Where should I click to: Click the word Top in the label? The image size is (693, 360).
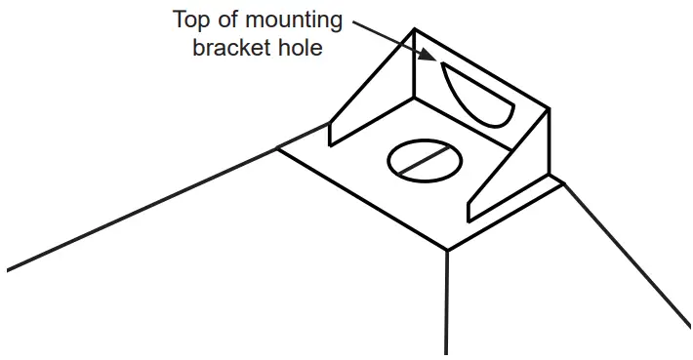click(x=193, y=20)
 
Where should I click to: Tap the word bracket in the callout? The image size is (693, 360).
click(x=231, y=46)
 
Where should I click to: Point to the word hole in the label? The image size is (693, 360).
click(x=300, y=46)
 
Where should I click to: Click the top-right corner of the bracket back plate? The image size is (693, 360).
click(x=549, y=109)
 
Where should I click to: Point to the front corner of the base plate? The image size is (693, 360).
click(x=447, y=249)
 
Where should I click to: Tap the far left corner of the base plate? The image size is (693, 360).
click(x=276, y=148)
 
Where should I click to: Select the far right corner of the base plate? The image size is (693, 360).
click(x=562, y=180)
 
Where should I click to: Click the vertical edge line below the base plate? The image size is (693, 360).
click(x=447, y=302)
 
